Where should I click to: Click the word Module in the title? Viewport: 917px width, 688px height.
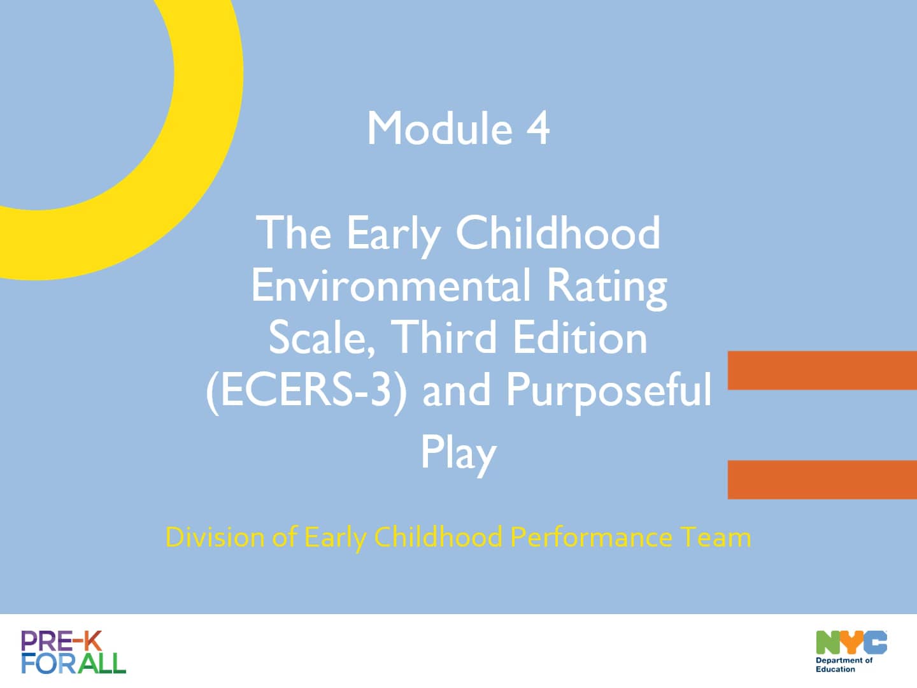pos(439,129)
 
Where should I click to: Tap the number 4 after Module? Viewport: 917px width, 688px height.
pos(538,129)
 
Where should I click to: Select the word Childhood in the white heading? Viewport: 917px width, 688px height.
pos(558,233)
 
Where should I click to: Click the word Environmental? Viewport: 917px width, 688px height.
pos(390,285)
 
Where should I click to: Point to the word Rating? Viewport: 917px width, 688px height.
pos(607,287)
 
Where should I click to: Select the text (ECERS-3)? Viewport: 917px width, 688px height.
pos(306,390)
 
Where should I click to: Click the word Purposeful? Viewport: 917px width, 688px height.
pos(609,390)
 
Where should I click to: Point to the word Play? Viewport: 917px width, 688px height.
pos(458,453)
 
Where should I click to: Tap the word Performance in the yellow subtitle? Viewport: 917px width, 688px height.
pos(591,537)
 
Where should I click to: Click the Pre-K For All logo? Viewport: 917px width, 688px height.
pos(73,652)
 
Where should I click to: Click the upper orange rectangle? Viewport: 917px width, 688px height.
pos(822,370)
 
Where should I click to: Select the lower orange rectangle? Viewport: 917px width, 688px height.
pos(822,479)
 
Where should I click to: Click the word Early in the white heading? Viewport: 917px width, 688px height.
pos(393,234)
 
